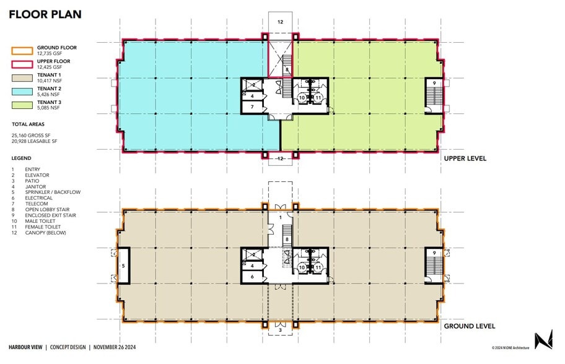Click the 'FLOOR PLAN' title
pyautogui.click(x=45, y=14)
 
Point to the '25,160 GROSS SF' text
pyautogui.click(x=33, y=135)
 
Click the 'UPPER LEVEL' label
pyautogui.click(x=465, y=158)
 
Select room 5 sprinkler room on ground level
pyautogui.click(x=123, y=265)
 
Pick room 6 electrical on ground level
pyautogui.click(x=253, y=277)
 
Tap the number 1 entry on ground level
pyautogui.click(x=280, y=217)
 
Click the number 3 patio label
pyautogui.click(x=280, y=331)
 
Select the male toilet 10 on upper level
pyautogui.click(x=302, y=98)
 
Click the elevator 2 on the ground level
pyautogui.click(x=253, y=254)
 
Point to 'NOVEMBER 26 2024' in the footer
pyautogui.click(x=114, y=347)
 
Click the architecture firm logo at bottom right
pyautogui.click(x=543, y=340)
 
